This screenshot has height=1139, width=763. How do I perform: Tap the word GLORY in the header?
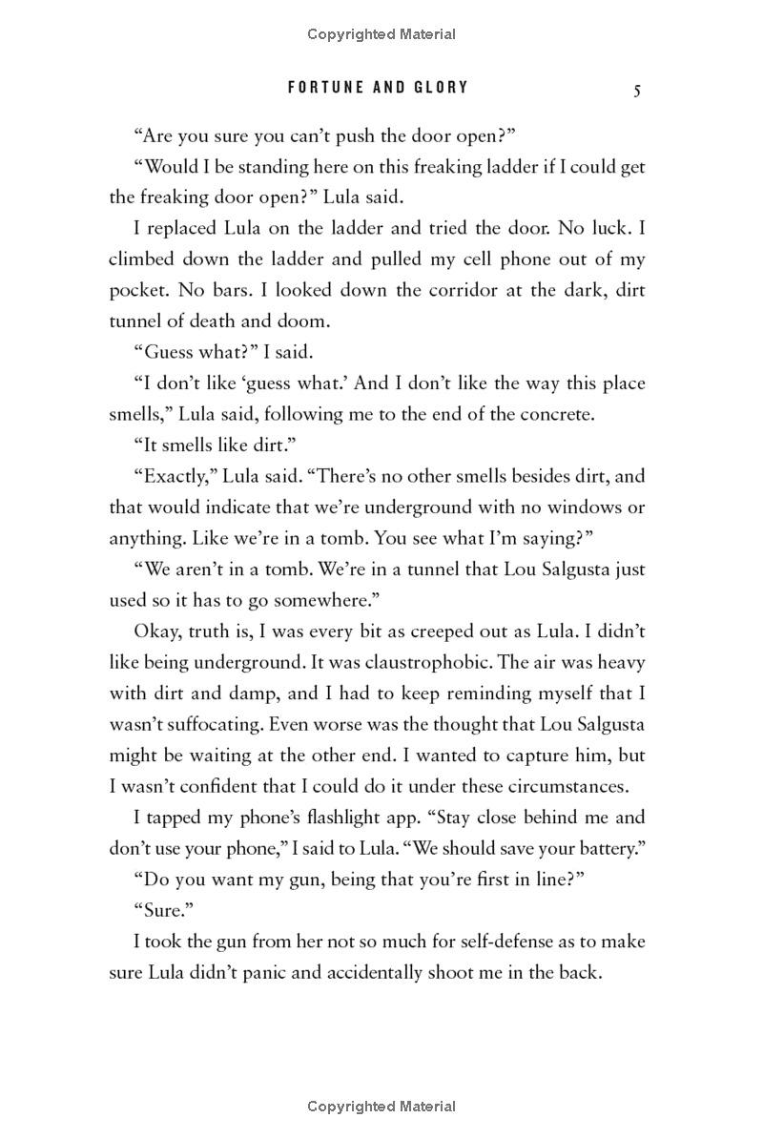click(438, 88)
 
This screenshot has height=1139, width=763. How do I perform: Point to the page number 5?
click(636, 90)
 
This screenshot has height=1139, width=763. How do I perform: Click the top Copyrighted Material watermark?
click(381, 34)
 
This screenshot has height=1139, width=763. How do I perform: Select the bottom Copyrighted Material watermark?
click(381, 1107)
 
